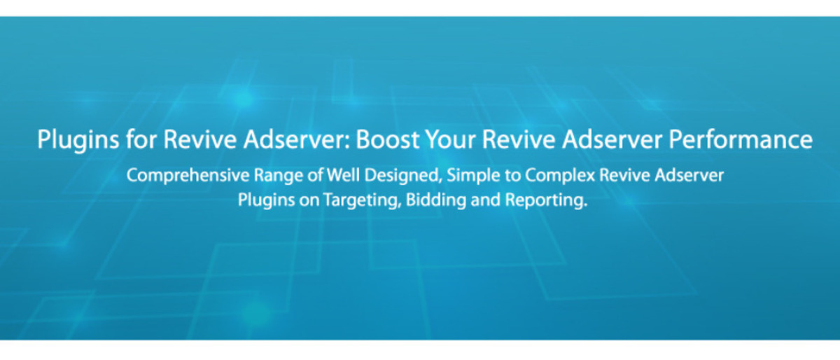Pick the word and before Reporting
[479, 200]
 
